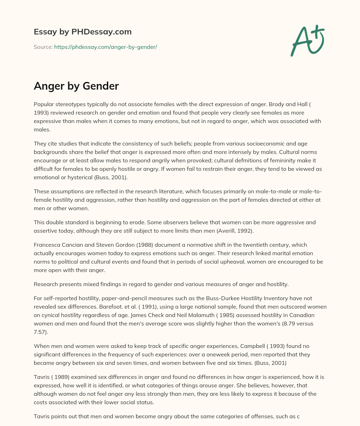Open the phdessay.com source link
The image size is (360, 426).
point(105,47)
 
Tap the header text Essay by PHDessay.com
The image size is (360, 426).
point(83,32)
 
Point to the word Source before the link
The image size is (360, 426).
point(43,47)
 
